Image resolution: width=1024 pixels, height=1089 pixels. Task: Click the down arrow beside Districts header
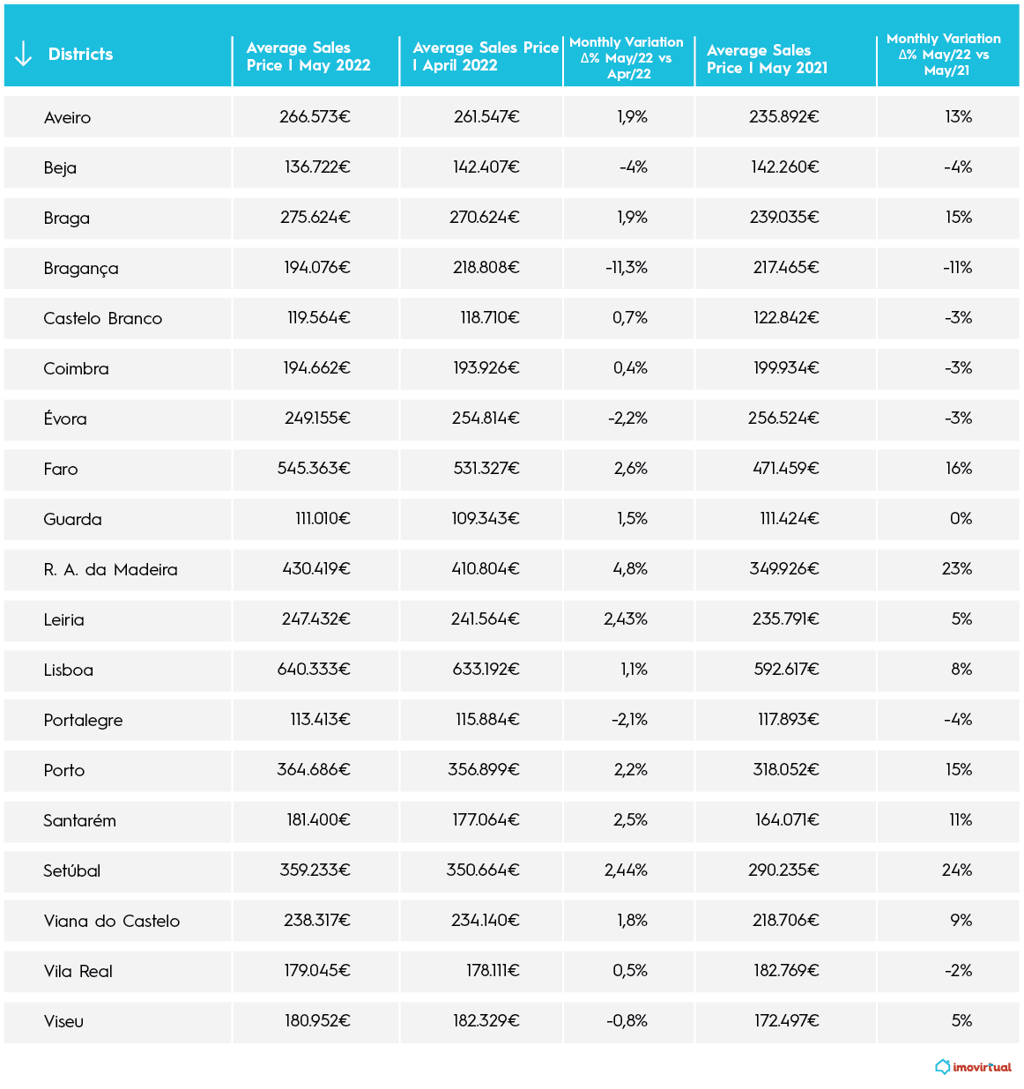pos(24,55)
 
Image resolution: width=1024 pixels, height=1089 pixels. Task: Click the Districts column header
pos(80,55)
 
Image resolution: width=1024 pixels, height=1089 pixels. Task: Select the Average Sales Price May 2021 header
pos(767,59)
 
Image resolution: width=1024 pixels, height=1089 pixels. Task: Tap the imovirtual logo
pos(974,1067)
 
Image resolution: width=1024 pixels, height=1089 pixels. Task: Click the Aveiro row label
pos(67,118)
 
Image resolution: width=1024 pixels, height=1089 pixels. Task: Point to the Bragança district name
pos(81,269)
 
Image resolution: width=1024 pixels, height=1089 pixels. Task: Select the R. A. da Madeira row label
pos(110,570)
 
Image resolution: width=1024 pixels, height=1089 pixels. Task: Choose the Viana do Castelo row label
pos(112,922)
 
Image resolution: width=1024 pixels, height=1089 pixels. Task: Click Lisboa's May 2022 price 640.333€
pos(314,670)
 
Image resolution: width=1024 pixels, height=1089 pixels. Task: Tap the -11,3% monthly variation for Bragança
pos(627,268)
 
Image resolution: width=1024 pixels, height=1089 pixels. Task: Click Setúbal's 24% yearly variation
pos(957,870)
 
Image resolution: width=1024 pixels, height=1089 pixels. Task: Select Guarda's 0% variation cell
pos(961,519)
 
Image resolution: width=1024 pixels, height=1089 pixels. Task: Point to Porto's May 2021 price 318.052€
pos(786,770)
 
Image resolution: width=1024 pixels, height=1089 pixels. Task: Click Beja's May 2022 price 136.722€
pos(317,167)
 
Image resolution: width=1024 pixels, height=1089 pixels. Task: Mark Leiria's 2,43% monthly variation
pos(626,619)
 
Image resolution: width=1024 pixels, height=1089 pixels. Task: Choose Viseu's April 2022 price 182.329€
pos(486,1021)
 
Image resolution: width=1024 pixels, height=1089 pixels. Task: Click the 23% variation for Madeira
pos(957,569)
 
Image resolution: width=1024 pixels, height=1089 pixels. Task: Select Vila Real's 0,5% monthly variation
pos(630,971)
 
